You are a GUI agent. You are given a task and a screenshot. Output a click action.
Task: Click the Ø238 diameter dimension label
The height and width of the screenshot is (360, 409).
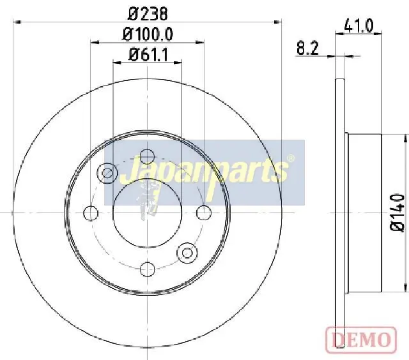148,14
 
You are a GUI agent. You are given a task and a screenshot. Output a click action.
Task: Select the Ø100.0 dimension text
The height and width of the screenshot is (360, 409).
148,34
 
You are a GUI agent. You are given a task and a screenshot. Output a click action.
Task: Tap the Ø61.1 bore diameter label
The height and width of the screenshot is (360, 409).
148,55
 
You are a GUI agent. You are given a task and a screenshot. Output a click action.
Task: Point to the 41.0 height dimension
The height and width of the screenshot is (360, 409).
359,26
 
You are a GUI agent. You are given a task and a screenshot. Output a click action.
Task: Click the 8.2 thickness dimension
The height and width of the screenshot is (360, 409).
308,48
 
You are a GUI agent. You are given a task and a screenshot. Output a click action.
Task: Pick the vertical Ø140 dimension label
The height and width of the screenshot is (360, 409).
398,213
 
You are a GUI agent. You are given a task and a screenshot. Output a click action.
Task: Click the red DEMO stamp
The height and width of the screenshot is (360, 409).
361,339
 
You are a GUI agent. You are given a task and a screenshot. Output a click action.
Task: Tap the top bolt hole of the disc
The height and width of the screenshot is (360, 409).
148,157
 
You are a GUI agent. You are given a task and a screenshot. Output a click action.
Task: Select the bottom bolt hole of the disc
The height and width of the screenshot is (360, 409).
148,269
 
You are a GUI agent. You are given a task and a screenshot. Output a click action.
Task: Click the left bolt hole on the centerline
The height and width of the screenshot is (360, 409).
91,213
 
